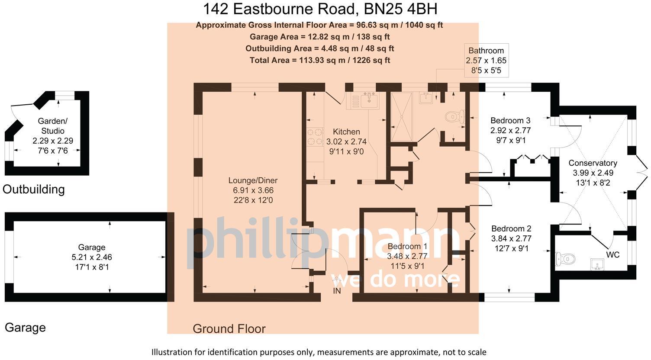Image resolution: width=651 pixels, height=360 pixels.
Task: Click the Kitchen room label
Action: (346, 132)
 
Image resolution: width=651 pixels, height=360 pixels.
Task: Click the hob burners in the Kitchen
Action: (315, 136)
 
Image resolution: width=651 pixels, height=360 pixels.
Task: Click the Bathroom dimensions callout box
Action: (486, 60)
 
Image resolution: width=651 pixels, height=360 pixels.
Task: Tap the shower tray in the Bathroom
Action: (402, 116)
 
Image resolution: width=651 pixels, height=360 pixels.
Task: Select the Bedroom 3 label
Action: (510, 120)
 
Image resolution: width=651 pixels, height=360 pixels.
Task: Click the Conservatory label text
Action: (593, 163)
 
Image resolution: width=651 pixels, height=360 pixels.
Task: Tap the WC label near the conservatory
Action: (612, 255)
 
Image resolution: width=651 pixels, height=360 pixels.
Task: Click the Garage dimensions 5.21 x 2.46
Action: (92, 257)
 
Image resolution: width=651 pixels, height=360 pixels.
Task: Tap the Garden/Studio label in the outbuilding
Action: (53, 126)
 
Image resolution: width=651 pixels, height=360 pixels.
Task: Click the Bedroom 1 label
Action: (407, 247)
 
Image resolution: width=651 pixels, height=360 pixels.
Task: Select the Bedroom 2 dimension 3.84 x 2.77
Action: (511, 238)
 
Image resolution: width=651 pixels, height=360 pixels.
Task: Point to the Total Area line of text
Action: (320, 60)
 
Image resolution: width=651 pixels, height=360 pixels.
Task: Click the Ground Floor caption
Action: (229, 329)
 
